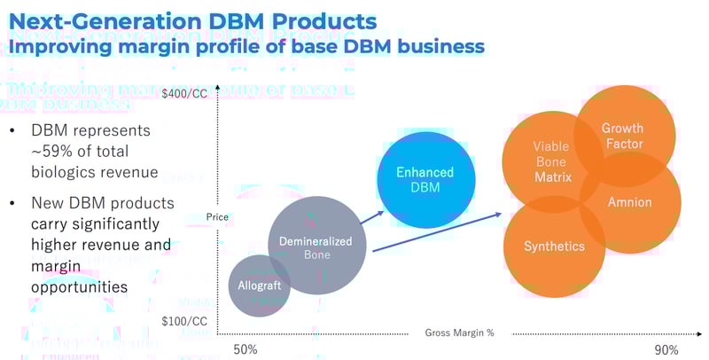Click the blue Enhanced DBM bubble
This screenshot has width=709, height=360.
pos(425,180)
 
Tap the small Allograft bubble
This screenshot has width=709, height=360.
pos(259,285)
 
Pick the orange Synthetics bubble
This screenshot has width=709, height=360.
pos(554,247)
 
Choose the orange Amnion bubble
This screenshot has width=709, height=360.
pos(630,202)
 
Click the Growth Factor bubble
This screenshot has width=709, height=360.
pos(622,136)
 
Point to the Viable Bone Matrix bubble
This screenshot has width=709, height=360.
pos(549,162)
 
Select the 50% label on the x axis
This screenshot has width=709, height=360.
pos(245,349)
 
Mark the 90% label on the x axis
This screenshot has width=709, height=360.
pos(666,349)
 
